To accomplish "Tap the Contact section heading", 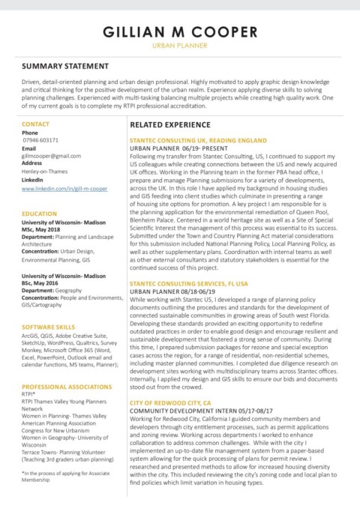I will (x=37, y=123).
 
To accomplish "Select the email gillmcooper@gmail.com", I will (x=52, y=155).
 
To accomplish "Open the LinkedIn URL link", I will (x=64, y=190).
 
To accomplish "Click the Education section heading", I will (x=41, y=214).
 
